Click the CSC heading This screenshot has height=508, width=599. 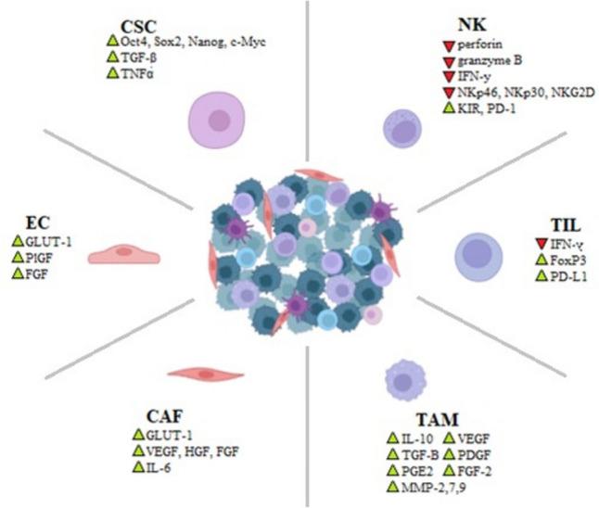[x=141, y=25]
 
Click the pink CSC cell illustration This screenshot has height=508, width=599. [x=219, y=119]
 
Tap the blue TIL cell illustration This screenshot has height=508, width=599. [x=480, y=256]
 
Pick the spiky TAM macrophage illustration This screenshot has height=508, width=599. [x=404, y=378]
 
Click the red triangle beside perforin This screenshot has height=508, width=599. [x=448, y=44]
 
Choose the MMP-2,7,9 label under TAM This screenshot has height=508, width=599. [x=435, y=488]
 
